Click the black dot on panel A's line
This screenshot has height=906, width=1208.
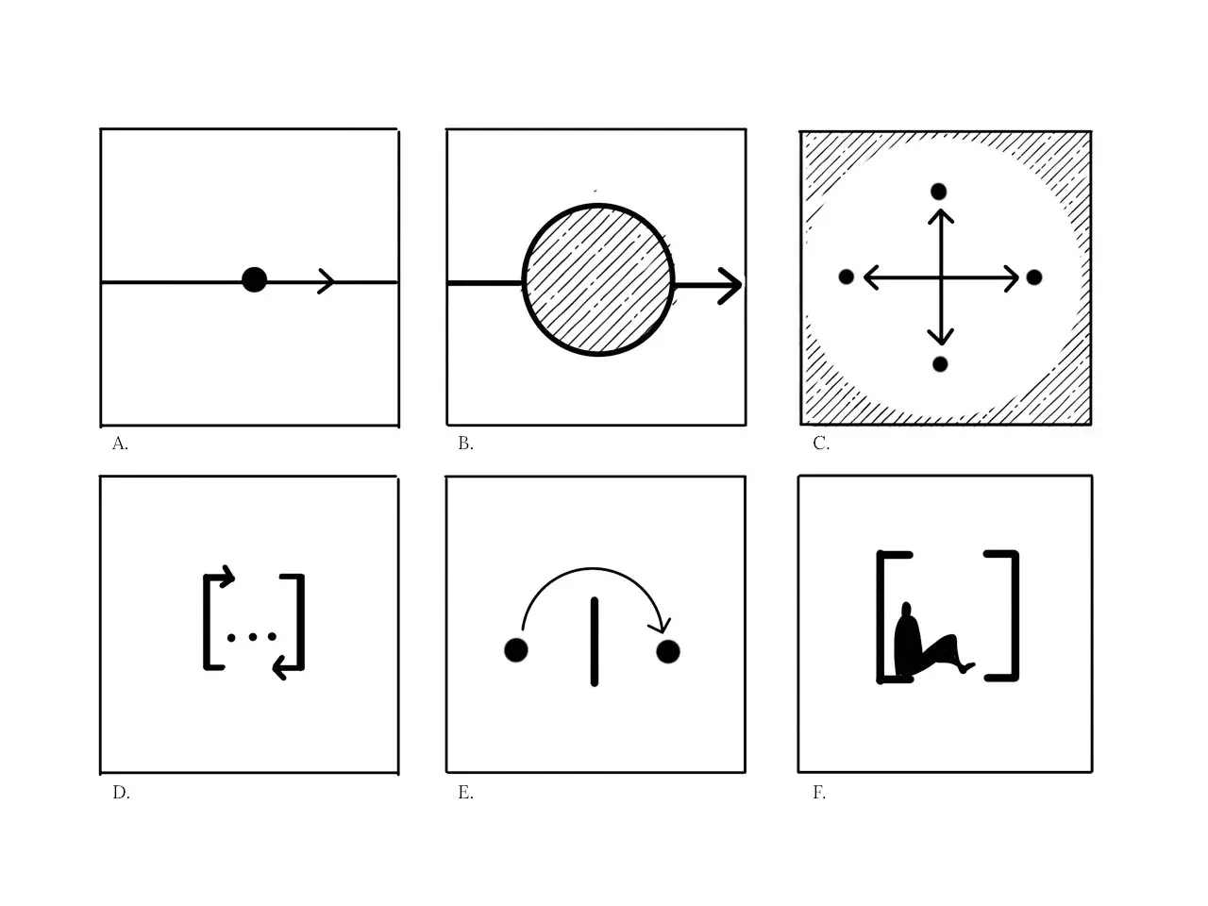[x=254, y=279]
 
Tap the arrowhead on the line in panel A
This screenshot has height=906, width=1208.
[x=327, y=280]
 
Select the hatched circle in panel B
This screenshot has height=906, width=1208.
[x=598, y=279]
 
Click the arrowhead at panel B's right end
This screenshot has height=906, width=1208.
[x=730, y=285]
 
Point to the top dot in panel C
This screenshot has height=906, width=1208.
[x=938, y=192]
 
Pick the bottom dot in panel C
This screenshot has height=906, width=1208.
[x=939, y=364]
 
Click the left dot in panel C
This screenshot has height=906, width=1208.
[x=847, y=277]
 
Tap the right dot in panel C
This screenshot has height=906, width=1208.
[x=1033, y=277]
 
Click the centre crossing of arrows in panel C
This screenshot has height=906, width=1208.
[x=940, y=277]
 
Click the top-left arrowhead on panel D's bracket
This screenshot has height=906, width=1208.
[x=226, y=575]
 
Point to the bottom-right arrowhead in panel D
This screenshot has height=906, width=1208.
[x=279, y=668]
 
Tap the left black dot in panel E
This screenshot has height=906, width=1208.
[x=515, y=650]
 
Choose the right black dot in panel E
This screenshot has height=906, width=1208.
[x=668, y=651]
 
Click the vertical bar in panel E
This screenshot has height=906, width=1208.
[x=594, y=641]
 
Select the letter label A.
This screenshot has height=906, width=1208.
[x=120, y=444]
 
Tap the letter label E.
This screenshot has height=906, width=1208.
[x=465, y=793]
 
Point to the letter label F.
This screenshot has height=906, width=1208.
[x=819, y=793]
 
